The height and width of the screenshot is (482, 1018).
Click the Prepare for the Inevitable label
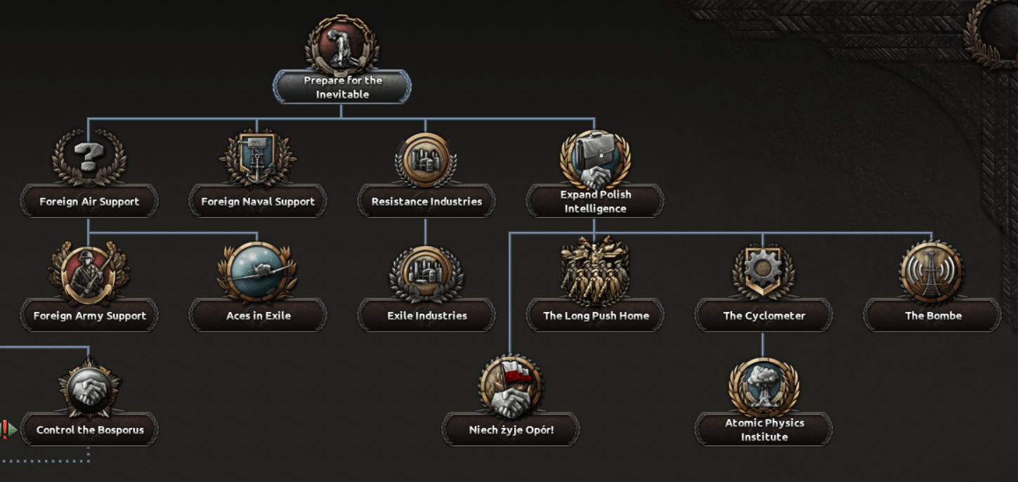coord(342,87)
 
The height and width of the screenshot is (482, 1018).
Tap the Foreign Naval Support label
coord(258,202)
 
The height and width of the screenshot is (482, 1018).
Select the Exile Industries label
coord(426,316)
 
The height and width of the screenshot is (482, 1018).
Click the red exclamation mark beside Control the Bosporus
coord(4,429)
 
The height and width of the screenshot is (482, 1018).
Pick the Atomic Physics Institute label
coord(764,430)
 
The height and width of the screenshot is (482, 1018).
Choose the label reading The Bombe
coord(932,316)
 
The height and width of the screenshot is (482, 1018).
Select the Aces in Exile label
coord(258,316)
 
